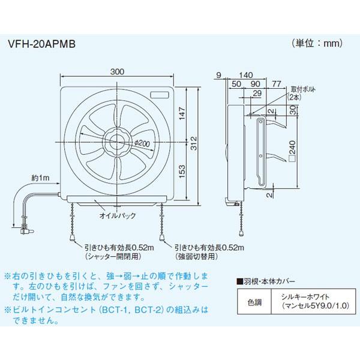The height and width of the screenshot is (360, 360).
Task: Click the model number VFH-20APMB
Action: coord(41,44)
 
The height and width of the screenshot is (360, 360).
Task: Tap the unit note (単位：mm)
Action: coord(317,43)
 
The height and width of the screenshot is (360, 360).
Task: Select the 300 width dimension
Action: coord(117,71)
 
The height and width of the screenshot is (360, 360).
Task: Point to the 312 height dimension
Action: coord(194,143)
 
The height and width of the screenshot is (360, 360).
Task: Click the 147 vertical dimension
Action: coord(182,113)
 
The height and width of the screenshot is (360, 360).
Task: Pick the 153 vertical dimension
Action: coord(182,171)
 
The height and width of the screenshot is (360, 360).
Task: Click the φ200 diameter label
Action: coord(142,143)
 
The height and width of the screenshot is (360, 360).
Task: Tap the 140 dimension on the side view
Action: coord(246,75)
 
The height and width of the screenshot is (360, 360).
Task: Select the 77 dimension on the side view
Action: coord(277,84)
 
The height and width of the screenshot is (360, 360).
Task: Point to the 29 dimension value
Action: coord(257,93)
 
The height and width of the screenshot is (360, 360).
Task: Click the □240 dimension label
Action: coord(292,152)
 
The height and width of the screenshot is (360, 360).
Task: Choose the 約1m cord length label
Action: coord(40,178)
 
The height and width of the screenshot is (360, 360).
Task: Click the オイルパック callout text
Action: coord(118,215)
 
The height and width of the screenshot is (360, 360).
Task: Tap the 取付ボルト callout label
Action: coord(303,89)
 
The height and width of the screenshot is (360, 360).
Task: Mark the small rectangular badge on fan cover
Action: coord(160,95)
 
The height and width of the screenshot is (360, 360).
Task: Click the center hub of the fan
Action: coord(117,143)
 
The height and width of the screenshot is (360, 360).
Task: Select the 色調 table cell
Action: coord(254,302)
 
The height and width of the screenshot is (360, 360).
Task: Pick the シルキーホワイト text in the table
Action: coord(305,296)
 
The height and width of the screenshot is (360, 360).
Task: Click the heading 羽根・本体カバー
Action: coord(266,281)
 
